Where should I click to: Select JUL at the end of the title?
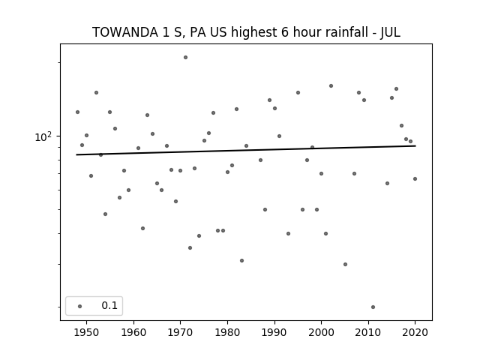coord(390,32)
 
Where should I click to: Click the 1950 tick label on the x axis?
coord(86,332)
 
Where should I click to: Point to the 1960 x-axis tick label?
coord(133,332)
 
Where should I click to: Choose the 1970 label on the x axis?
coord(180,332)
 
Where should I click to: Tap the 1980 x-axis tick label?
coord(227,332)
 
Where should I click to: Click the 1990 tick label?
coord(274,332)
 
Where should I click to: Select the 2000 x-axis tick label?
coord(321,332)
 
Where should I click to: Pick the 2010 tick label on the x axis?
coord(368,332)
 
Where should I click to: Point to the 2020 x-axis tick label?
coord(415,332)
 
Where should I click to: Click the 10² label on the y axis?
coord(43,136)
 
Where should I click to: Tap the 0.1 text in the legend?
coord(109,305)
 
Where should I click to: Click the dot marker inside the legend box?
coord(80,306)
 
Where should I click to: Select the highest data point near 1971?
coord(185,57)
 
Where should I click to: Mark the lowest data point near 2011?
coord(373,307)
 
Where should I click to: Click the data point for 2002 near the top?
coord(331,86)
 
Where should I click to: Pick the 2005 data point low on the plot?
coord(345,264)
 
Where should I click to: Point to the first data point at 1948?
coord(77,112)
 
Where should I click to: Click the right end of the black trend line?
coord(415,146)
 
